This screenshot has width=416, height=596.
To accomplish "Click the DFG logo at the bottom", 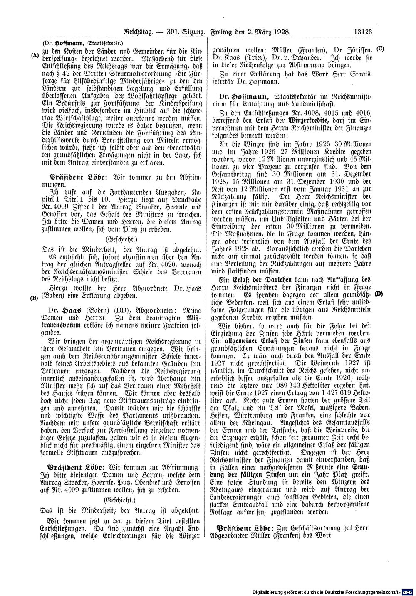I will [x=409, y=591].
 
